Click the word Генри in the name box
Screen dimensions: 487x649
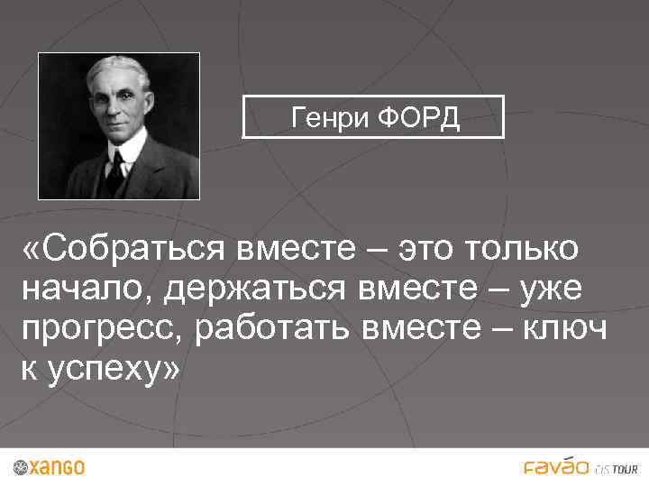point(326,117)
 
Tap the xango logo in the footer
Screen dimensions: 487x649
point(50,467)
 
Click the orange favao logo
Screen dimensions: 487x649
point(556,466)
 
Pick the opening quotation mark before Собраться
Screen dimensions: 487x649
point(33,248)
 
